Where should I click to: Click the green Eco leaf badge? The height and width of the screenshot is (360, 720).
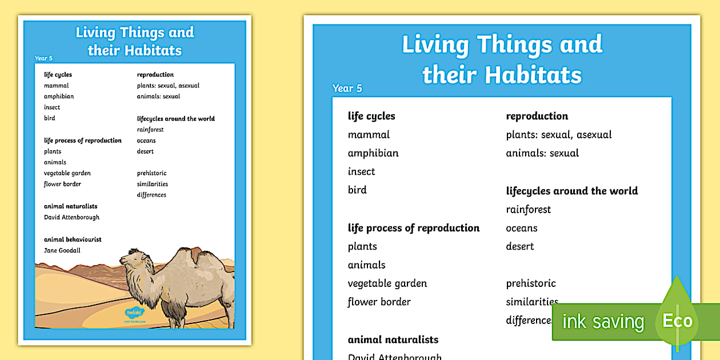(677, 321)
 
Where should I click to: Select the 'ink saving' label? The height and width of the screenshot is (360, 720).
(603, 322)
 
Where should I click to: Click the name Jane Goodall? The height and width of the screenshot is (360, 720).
(62, 250)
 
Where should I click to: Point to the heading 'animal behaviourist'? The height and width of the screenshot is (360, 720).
(73, 239)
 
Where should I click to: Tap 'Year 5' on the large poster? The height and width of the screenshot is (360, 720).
(347, 89)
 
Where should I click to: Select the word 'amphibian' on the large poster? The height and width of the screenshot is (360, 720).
(373, 153)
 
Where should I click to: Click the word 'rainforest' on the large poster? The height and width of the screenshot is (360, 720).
(529, 210)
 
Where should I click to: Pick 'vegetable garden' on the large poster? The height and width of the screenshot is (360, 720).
(387, 283)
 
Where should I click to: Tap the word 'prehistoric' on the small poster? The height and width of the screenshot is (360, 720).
(151, 173)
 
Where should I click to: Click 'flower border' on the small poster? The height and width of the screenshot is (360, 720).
(62, 184)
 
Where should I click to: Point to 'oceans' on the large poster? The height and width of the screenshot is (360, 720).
(522, 228)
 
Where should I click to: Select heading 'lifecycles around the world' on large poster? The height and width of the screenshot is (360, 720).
(572, 191)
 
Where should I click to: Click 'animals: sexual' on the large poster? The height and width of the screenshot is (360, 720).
(542, 153)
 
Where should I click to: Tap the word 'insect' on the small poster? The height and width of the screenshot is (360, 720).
(52, 107)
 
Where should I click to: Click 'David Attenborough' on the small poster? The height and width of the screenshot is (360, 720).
(71, 217)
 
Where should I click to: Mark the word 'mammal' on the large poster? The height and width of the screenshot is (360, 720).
(369, 135)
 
